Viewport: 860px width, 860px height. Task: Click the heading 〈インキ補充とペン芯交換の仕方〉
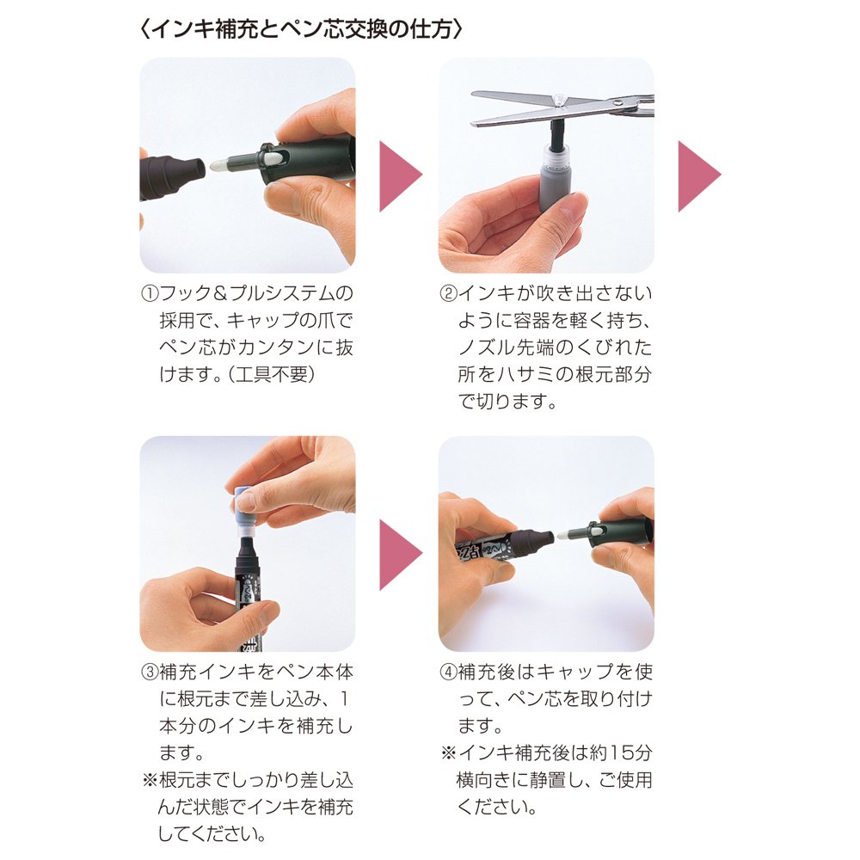301,29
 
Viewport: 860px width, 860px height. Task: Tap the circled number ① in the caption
150,293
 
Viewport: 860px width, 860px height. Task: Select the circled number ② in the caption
448,293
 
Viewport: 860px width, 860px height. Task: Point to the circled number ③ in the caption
150,672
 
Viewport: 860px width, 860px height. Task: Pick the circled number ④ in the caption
448,672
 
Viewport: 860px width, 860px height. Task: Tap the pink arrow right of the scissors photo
699,176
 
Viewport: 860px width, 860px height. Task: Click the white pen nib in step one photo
219,163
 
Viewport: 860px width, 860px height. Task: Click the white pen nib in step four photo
566,533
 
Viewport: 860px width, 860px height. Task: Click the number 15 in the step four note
623,752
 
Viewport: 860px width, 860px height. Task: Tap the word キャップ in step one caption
263,320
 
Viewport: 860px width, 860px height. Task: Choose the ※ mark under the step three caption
150,780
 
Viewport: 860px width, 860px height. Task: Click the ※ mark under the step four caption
449,752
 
